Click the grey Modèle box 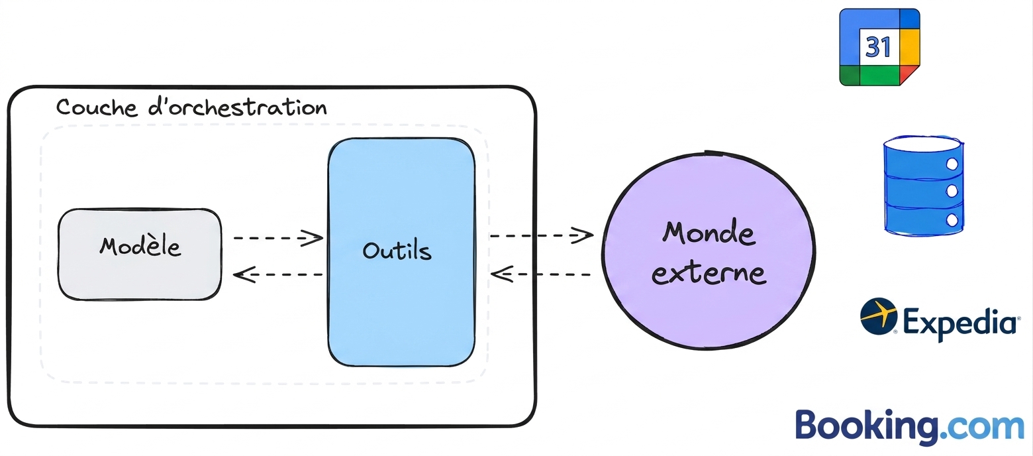point(140,255)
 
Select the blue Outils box point(401,252)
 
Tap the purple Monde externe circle point(709,250)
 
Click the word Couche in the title point(97,107)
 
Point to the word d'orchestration point(238,107)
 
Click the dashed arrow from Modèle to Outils point(278,238)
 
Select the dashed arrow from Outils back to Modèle point(278,274)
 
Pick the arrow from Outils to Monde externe point(542,235)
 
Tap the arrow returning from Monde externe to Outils point(542,274)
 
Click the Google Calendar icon point(879,47)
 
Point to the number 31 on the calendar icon point(878,47)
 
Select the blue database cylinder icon point(924,186)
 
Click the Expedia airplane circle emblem point(879,316)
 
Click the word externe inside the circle point(709,273)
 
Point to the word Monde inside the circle point(709,233)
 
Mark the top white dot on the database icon point(952,164)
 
